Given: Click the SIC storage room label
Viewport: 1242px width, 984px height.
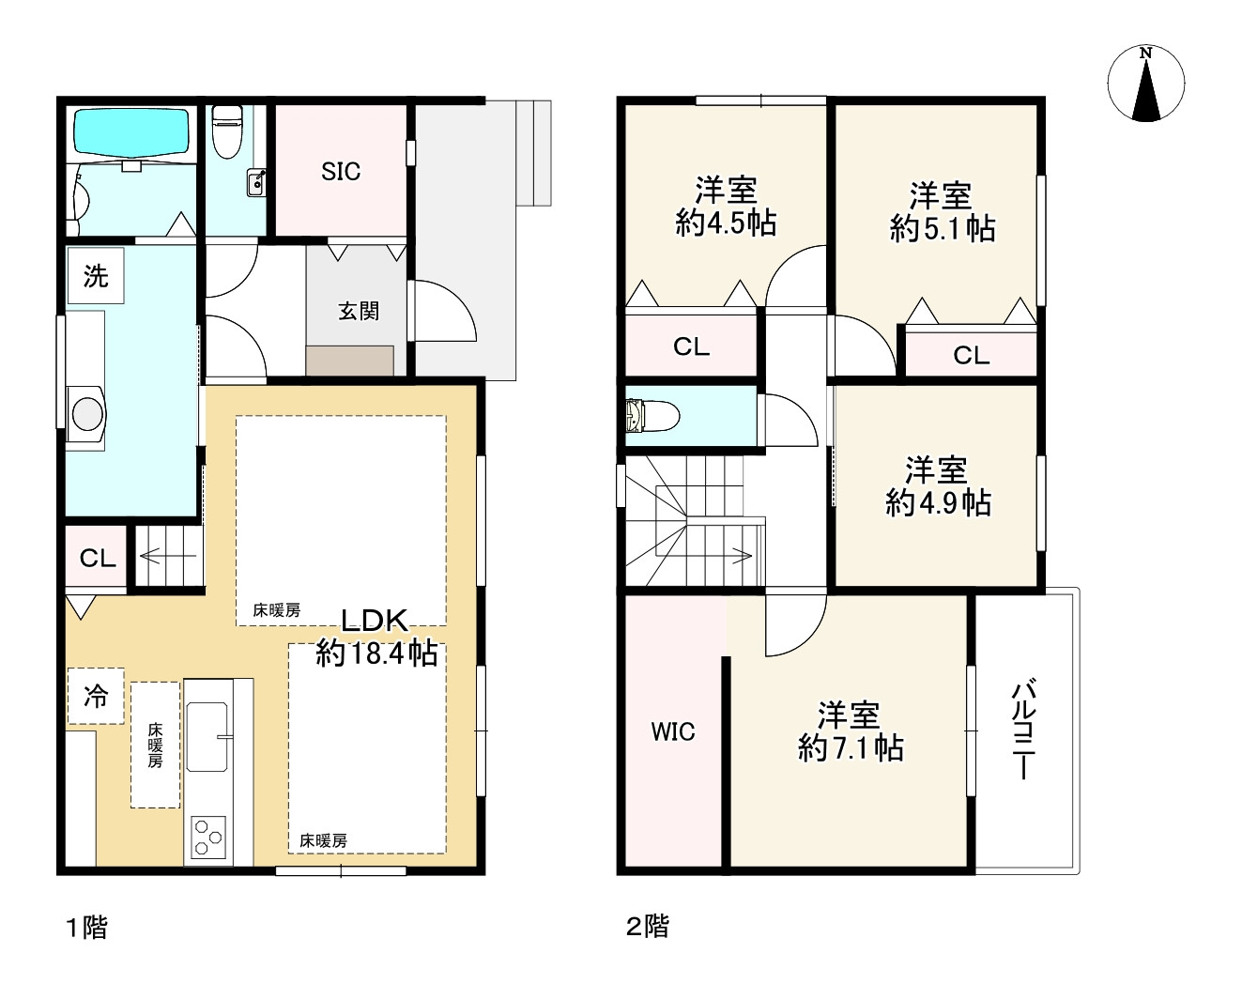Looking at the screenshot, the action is point(341,172).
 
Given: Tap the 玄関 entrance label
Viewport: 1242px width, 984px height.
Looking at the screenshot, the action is point(359,311).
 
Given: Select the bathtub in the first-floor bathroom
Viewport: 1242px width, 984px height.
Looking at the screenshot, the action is point(131,131).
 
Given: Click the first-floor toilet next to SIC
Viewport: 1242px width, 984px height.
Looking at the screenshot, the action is point(227,131).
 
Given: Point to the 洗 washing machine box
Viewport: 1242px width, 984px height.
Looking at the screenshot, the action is point(96,275).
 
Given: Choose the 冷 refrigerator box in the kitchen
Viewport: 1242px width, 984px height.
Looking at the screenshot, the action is point(96,696).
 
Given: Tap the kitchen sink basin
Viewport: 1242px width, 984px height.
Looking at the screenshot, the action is point(207,737).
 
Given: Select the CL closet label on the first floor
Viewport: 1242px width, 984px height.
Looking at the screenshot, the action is point(98,559).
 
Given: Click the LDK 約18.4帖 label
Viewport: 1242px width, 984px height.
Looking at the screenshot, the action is point(376,637).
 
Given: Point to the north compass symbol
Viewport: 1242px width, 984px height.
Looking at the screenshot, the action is point(1146,84).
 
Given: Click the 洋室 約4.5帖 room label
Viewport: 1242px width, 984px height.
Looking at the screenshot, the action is point(726,207).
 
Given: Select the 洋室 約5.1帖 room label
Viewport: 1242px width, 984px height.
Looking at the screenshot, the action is point(942,212).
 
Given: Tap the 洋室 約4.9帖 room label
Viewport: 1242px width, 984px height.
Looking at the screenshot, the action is point(938,486).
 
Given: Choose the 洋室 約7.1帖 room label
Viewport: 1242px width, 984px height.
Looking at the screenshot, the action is point(851,731).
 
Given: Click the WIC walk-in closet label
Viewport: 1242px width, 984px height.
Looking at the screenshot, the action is point(672,732).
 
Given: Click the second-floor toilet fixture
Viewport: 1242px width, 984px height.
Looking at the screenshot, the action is point(652,415).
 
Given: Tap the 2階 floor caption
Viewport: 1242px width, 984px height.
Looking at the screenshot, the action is point(647,928).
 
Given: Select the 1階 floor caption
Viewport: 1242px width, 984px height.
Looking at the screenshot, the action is point(87,928).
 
